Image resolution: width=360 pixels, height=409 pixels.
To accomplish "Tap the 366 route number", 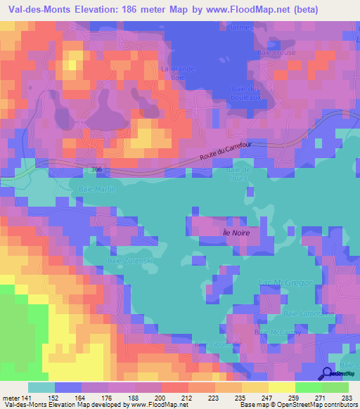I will pyautogui.click(x=96, y=169).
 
